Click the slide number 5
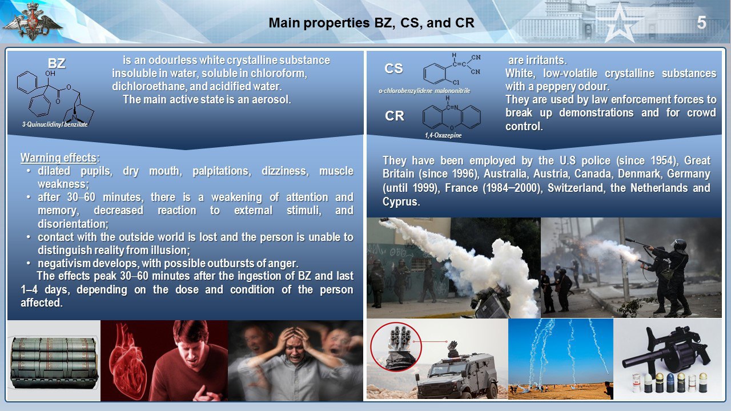701,23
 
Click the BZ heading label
57,63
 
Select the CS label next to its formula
393,68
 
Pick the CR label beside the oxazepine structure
395,116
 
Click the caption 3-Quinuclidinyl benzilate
55,124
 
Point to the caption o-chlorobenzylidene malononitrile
424,91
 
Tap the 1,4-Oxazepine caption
443,135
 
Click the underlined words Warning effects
58,158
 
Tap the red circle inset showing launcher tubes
396,346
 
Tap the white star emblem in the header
619,25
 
